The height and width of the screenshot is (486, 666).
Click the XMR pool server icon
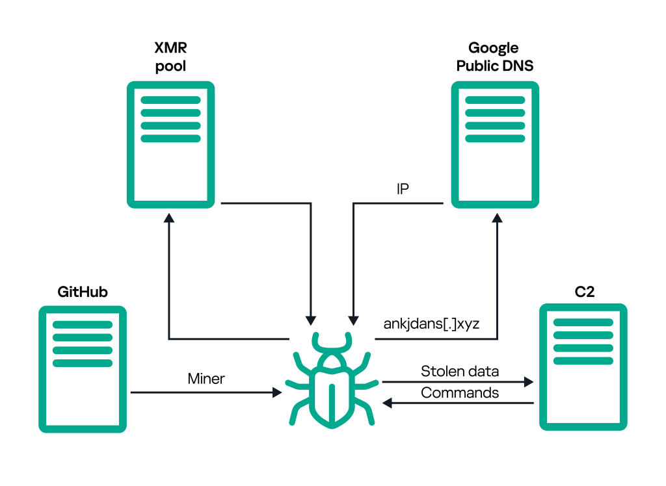(170, 144)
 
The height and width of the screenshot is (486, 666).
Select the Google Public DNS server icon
(495, 144)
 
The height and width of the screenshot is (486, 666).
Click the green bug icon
(332, 383)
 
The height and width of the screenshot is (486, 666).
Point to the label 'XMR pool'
(170, 57)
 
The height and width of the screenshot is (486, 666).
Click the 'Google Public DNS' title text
(494, 57)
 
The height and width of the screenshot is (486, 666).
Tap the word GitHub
(82, 292)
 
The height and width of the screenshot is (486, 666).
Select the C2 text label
(584, 292)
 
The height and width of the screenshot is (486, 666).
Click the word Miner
(206, 379)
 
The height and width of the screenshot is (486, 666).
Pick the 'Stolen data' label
(460, 371)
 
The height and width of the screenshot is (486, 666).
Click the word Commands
(460, 392)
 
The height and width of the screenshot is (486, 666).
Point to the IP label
(403, 189)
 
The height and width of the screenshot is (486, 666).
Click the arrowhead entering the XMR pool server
(170, 221)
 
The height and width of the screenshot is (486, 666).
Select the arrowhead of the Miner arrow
(276, 392)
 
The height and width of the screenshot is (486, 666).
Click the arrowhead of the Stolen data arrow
(528, 382)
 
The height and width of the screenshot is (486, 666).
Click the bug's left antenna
(317, 341)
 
